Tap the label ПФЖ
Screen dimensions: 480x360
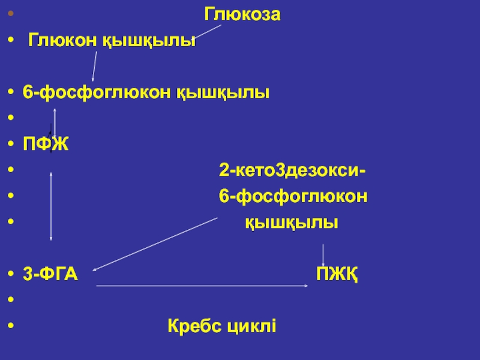46,145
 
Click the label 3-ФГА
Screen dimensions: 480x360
50,274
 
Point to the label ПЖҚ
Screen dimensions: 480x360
337,275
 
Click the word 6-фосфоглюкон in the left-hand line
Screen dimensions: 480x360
97,93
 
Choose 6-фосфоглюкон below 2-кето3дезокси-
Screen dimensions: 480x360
293,197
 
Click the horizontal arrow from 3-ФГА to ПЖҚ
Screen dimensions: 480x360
201,286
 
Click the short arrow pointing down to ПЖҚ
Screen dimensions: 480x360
324,254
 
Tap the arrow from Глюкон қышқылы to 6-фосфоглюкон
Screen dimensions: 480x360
94,66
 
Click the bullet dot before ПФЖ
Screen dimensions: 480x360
13,145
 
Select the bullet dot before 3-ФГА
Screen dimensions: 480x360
13,275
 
